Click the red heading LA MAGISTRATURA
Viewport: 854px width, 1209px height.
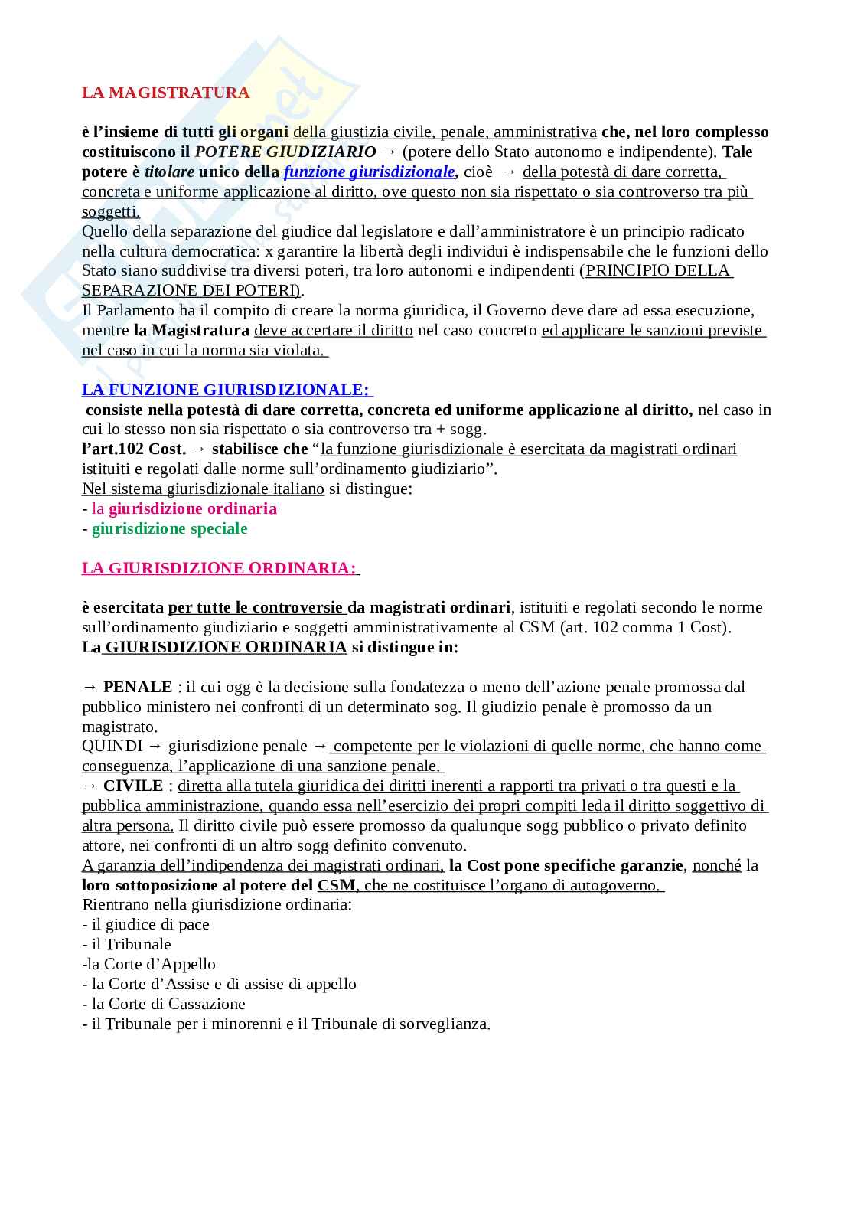pos(165,93)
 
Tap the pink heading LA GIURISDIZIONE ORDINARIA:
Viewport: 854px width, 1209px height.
pos(220,568)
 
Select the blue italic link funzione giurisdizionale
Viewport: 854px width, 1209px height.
pos(369,172)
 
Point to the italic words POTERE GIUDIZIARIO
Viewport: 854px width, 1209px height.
pos(285,152)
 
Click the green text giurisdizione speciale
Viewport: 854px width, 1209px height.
pos(169,528)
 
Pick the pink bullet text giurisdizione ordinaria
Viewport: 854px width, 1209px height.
pos(192,508)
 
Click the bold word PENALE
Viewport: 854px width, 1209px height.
pos(138,687)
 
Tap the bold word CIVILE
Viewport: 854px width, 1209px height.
pos(133,786)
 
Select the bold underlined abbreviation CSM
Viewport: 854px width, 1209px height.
pos(336,885)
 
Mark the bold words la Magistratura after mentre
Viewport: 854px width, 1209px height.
pos(191,330)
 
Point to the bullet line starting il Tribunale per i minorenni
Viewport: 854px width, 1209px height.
pos(285,1024)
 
